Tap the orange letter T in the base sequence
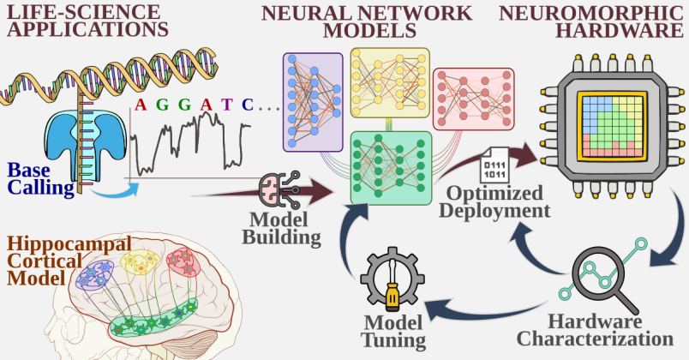coord(226,106)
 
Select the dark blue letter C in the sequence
coord(248,106)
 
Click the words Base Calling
coord(39,177)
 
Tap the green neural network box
coord(390,167)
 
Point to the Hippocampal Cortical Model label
coord(57,260)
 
